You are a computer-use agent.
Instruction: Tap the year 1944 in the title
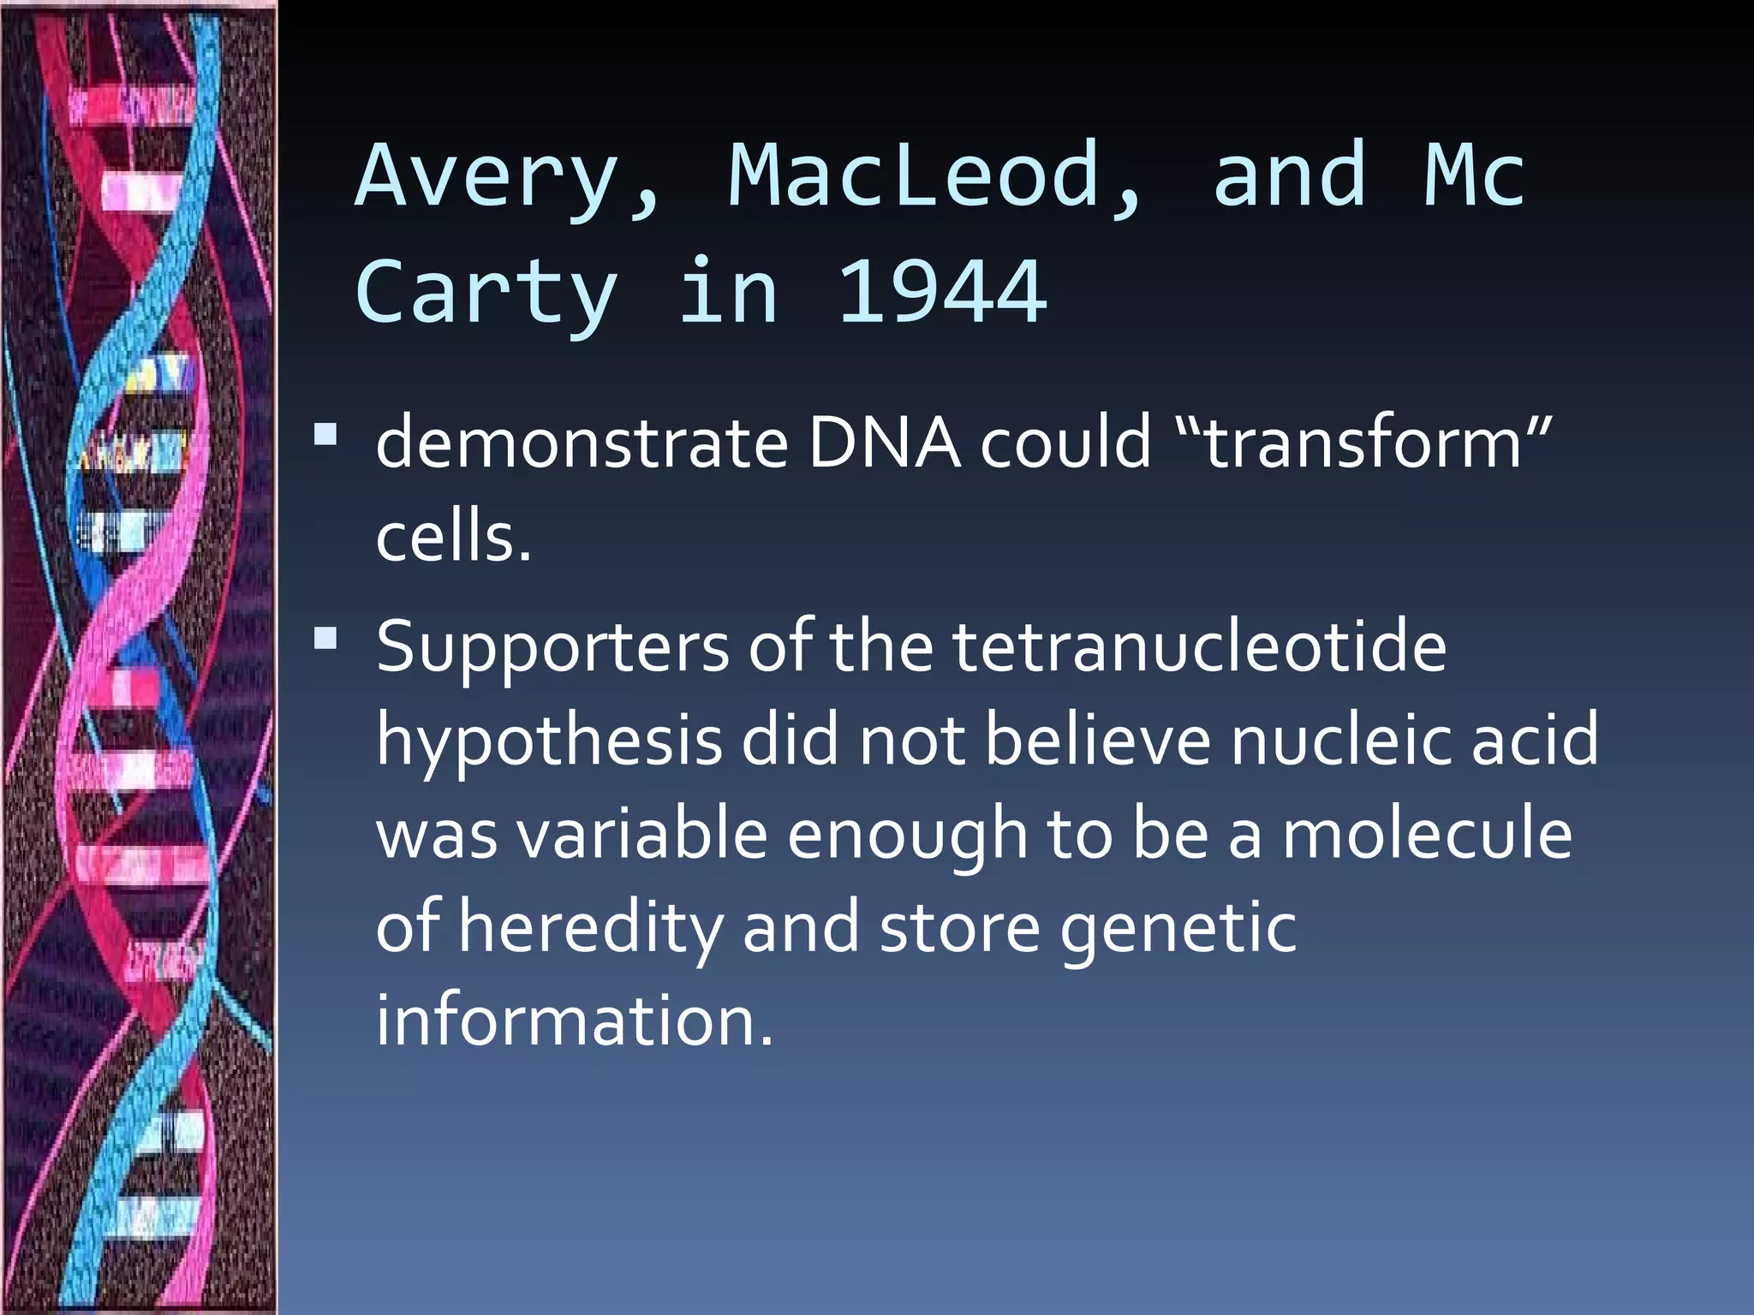(940, 294)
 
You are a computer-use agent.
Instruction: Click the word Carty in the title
(486, 294)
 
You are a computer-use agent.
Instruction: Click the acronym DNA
(884, 443)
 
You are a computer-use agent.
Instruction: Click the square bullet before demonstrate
(325, 435)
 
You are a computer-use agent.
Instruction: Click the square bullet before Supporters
(325, 639)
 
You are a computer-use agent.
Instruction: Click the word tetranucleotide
(1199, 646)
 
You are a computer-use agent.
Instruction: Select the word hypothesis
(549, 741)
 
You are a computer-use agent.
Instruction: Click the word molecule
(1427, 835)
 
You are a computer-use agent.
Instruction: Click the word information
(574, 1020)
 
